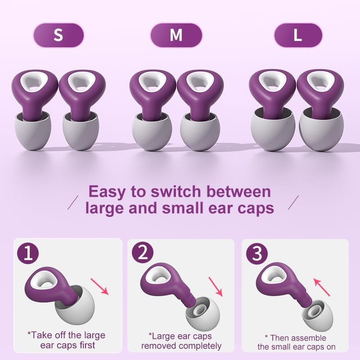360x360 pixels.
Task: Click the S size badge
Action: [x=58, y=35]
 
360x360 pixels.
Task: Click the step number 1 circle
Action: [x=28, y=254]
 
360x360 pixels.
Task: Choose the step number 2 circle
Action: [x=142, y=254]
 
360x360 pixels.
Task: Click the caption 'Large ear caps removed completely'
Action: [x=181, y=341]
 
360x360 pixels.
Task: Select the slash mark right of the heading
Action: [x=293, y=202]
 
